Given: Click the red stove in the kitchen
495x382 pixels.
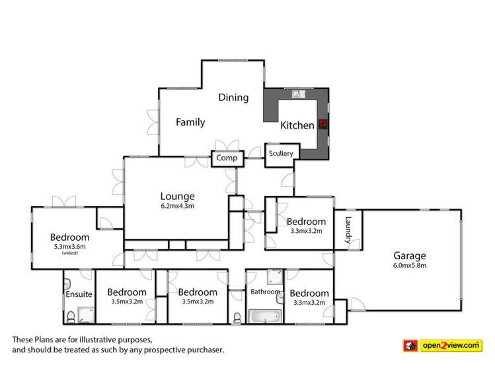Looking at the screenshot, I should [x=323, y=123].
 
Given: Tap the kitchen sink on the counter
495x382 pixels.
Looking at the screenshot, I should [x=297, y=94].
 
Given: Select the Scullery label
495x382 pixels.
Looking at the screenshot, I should [x=281, y=153].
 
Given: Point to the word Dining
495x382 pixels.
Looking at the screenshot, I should [x=233, y=98].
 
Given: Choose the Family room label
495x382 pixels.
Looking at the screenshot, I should [x=190, y=122].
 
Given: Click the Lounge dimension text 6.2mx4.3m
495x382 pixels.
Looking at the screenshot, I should [x=177, y=206].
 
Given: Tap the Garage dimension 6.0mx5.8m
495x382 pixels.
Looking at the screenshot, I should [x=410, y=267].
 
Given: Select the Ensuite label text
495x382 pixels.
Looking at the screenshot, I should [x=79, y=294].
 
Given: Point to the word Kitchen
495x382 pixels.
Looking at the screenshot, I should [x=297, y=125].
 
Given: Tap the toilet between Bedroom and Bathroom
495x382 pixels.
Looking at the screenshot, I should [x=237, y=317].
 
